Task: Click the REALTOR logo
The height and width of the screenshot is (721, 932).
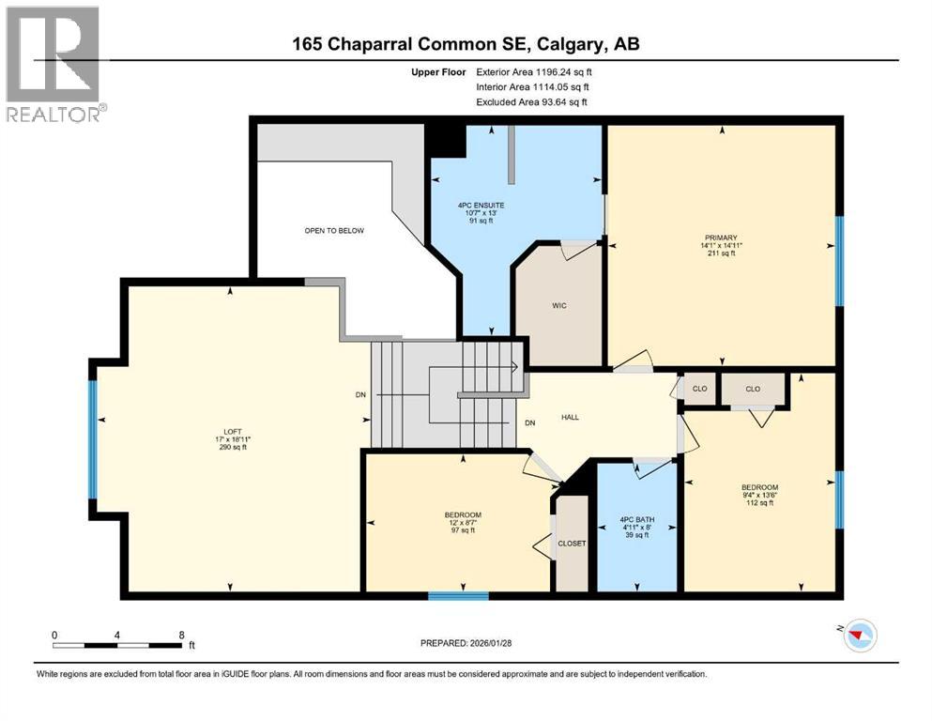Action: [53, 64]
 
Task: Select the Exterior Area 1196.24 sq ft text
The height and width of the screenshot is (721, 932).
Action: [534, 70]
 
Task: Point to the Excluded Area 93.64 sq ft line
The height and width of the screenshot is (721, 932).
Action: [534, 101]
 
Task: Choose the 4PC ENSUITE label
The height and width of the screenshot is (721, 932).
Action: [481, 205]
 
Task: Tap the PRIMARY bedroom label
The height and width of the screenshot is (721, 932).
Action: [721, 238]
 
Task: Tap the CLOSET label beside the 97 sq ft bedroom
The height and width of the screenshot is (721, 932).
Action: [571, 543]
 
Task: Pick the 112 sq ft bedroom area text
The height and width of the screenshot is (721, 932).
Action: [759, 503]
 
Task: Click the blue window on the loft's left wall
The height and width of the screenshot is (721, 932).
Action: [93, 439]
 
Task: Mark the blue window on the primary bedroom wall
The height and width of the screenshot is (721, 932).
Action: [839, 260]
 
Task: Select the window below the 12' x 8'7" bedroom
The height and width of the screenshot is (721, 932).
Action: [458, 595]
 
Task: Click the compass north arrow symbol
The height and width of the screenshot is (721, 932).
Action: [857, 636]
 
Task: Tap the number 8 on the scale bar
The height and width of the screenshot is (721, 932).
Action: [180, 634]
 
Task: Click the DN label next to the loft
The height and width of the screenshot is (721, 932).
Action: [360, 394]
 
